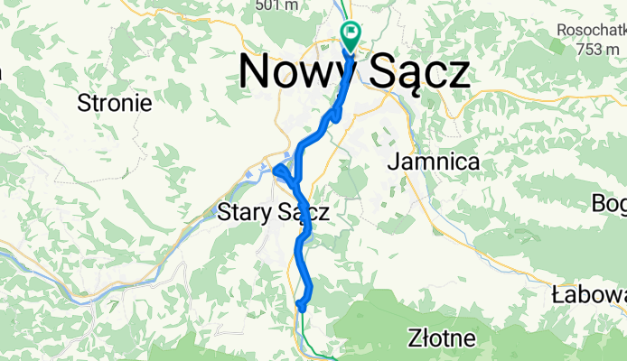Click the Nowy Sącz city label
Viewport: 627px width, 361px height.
(355, 72)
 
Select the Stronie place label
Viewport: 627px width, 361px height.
(115, 102)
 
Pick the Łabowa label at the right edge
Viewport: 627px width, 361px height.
(588, 295)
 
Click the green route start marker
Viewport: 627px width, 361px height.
(351, 33)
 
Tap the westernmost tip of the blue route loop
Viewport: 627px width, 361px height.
(274, 168)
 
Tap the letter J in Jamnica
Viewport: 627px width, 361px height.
(394, 162)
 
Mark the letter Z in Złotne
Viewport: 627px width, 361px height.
(414, 340)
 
